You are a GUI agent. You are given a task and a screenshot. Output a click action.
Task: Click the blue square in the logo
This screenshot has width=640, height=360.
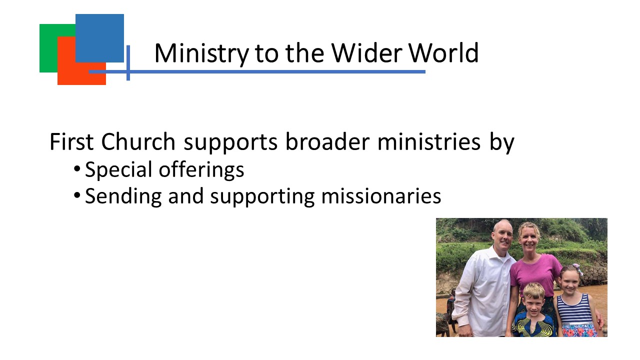pos(99,38)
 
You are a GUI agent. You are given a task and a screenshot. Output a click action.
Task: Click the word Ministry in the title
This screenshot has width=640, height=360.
pos(201,53)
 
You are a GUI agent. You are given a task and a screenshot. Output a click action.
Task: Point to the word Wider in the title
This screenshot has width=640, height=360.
pos(367,53)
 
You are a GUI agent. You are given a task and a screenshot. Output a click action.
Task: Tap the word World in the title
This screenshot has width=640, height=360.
pos(443,53)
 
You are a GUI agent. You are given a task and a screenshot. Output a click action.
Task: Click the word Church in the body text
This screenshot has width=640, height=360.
pos(138,141)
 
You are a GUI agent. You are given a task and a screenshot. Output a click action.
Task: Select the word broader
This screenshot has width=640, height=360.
pos(327,141)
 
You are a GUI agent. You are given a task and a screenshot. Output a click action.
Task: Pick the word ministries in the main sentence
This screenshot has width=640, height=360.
pos(429,141)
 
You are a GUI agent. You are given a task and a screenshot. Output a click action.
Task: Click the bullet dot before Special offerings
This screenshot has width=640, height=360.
pos(77,169)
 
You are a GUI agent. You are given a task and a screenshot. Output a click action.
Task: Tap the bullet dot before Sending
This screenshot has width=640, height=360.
pos(77,195)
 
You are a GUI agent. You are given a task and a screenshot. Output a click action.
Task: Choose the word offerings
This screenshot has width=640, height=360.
pos(201,169)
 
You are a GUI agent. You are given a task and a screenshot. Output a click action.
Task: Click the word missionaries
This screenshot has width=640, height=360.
pos(381,196)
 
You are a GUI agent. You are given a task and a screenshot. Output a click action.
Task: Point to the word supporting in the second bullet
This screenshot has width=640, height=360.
pos(262,197)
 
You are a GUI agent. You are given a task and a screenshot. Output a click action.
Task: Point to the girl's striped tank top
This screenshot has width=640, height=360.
pos(574,309)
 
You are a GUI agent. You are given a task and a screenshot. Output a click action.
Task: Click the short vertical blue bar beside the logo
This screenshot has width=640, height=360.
pos(128,63)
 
